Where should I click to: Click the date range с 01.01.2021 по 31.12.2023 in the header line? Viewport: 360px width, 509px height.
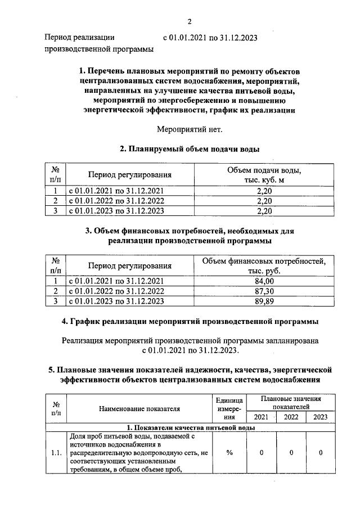(x=210, y=38)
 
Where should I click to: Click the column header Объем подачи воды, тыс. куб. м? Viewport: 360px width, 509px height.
(x=264, y=175)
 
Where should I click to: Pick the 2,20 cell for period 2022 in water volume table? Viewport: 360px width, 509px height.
(x=264, y=201)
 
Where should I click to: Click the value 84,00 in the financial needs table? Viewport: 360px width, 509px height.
(x=264, y=281)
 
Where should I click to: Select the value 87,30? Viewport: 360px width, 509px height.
(x=264, y=291)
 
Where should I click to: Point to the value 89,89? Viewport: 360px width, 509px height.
(x=264, y=301)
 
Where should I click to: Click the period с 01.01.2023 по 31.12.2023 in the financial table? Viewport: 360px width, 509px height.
(x=116, y=301)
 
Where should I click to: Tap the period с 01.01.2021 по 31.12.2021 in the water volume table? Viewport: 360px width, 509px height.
(x=116, y=191)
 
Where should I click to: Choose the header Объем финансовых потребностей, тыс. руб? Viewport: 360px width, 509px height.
(x=264, y=265)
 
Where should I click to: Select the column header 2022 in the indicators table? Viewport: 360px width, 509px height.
(x=291, y=417)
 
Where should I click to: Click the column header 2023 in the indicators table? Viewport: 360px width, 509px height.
(x=320, y=417)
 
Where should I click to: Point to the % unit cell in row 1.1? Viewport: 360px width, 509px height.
(x=229, y=453)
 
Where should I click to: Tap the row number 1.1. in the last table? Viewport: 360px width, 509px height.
(x=56, y=453)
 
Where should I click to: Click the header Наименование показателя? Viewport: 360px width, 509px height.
(x=138, y=409)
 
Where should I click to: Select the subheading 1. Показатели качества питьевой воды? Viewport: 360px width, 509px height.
(x=190, y=427)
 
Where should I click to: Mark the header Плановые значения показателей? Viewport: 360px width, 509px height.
(x=291, y=402)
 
